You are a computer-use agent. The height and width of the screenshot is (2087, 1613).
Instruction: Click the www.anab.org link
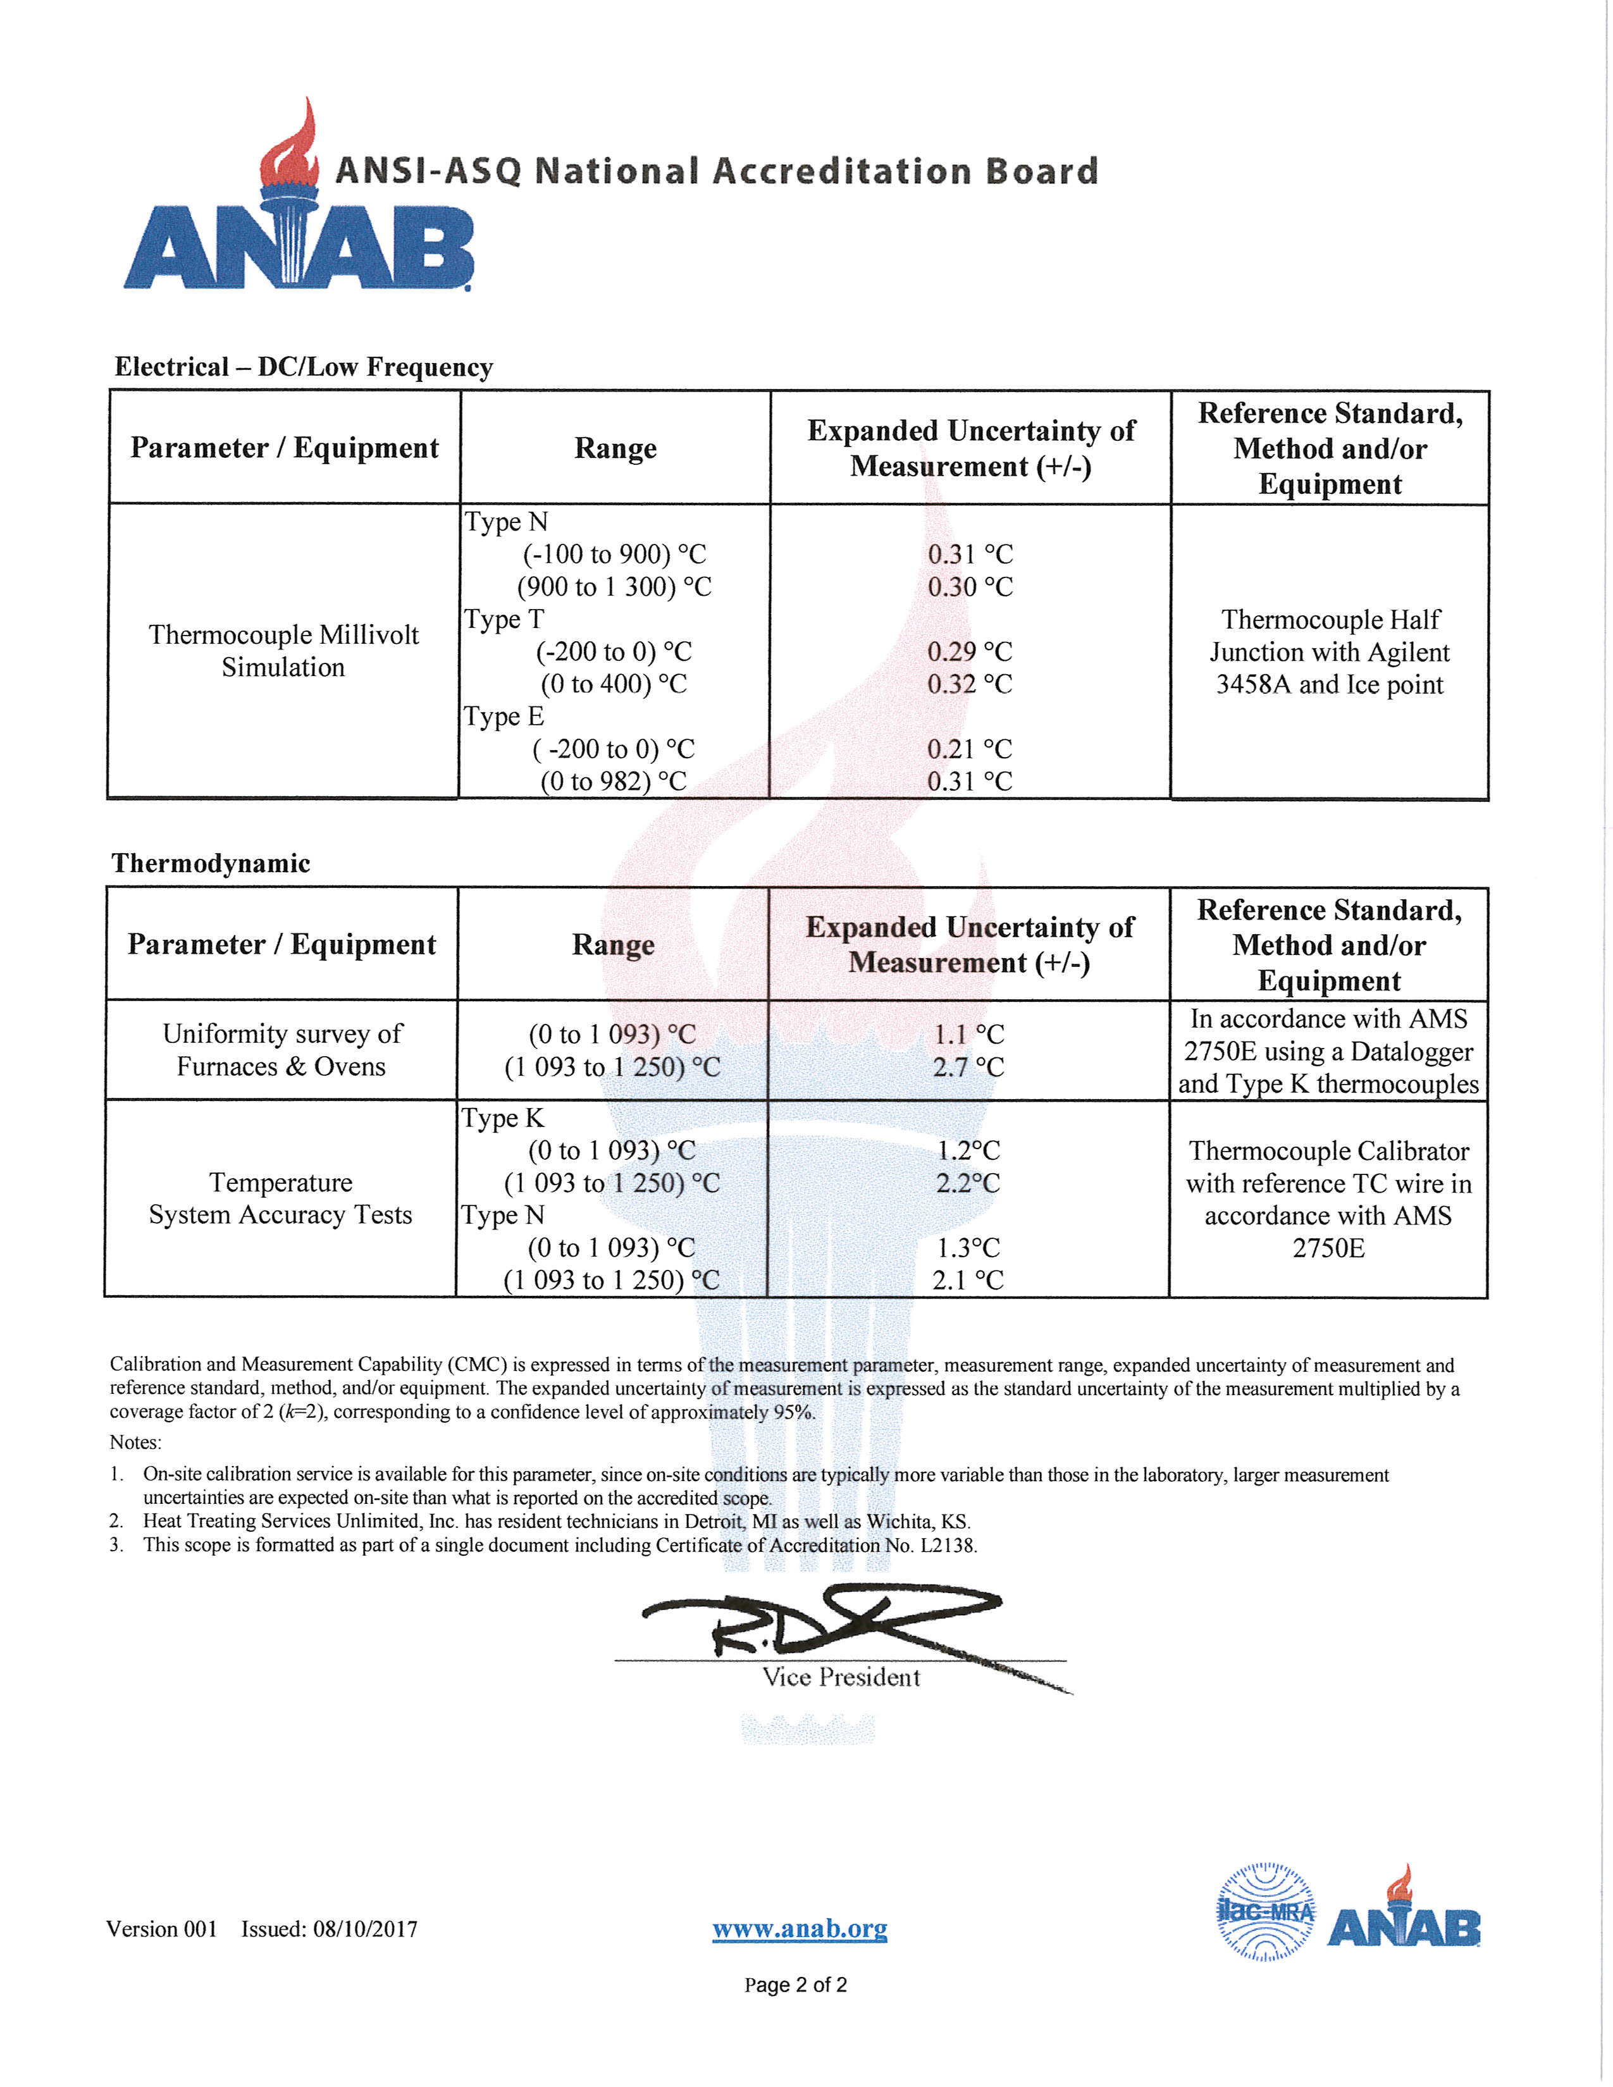click(x=799, y=1930)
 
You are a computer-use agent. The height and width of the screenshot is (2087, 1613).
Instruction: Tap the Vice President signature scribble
click(x=822, y=1625)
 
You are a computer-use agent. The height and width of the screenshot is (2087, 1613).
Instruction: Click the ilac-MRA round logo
click(x=1265, y=1912)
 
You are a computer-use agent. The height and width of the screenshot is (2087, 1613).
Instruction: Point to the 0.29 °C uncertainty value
click(x=969, y=651)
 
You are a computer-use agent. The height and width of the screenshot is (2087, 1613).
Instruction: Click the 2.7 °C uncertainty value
click(x=968, y=1066)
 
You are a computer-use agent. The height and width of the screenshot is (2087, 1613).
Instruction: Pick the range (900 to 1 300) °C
click(x=614, y=587)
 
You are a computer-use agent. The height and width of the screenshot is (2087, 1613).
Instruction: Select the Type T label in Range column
click(x=504, y=619)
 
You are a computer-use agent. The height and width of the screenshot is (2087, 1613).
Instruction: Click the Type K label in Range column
click(x=502, y=1118)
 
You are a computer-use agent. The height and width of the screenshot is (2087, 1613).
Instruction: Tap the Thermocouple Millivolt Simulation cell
click(x=284, y=651)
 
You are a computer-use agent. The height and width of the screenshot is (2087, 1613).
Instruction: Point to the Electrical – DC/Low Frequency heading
click(x=303, y=367)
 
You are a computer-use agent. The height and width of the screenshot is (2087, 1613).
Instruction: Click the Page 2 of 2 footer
click(x=795, y=1985)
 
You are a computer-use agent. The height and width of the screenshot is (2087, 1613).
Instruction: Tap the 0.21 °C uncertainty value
click(x=969, y=749)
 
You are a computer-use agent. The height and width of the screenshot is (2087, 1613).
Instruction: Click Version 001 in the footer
click(x=161, y=1930)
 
